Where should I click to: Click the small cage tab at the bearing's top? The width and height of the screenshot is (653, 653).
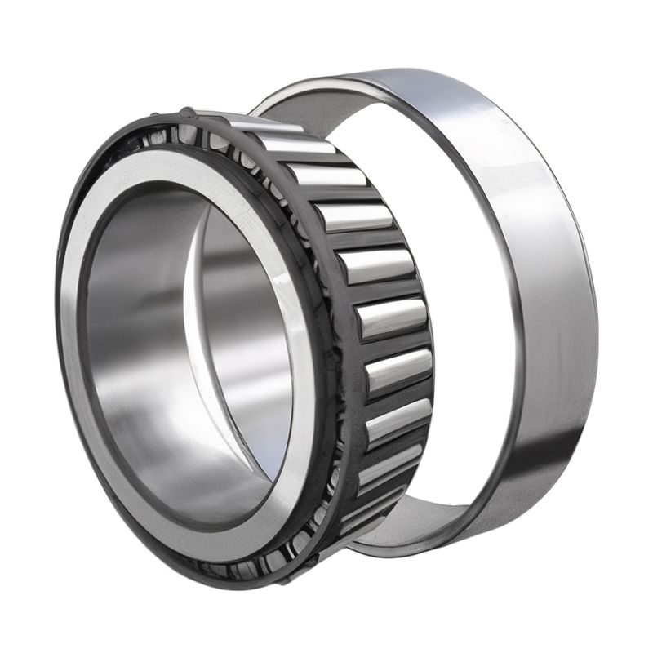[187, 112]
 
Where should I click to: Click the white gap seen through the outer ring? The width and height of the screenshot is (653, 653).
[457, 326]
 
